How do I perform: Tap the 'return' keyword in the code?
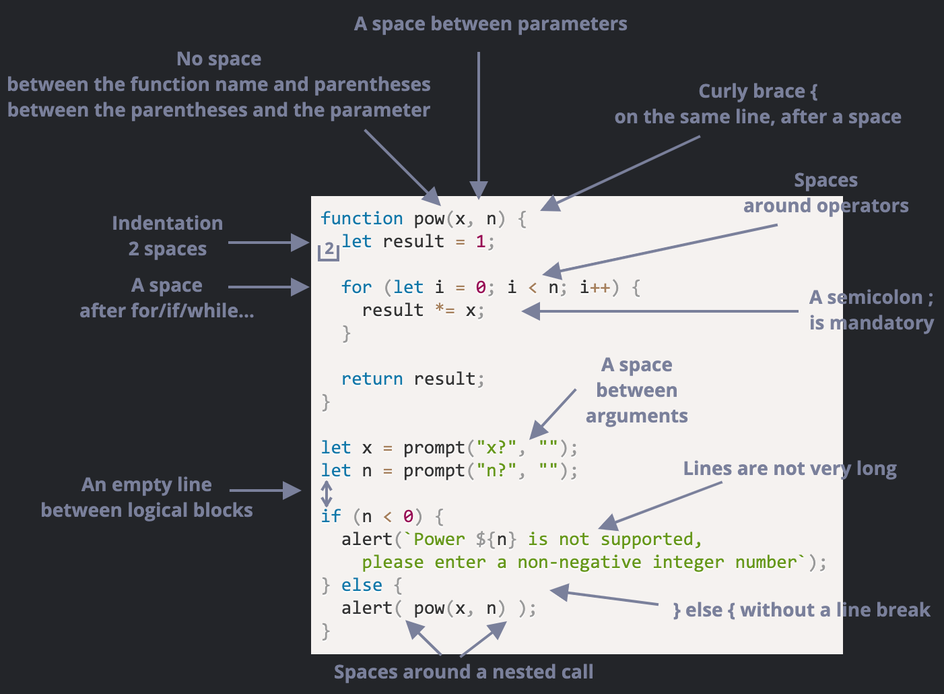click(x=372, y=379)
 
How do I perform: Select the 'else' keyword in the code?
click(x=362, y=585)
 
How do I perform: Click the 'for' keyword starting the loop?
click(x=356, y=287)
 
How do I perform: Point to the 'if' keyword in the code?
click(x=331, y=516)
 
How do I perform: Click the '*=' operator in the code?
click(x=444, y=310)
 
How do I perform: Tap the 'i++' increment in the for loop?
click(x=595, y=287)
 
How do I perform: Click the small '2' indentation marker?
click(x=329, y=249)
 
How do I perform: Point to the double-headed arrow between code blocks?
click(x=327, y=493)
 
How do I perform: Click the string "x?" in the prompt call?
click(x=496, y=447)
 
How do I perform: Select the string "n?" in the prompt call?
click(x=496, y=470)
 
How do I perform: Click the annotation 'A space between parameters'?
click(x=490, y=24)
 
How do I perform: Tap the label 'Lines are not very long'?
click(x=789, y=469)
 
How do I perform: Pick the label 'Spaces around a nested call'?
click(x=463, y=672)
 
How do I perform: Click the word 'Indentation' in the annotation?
click(x=167, y=223)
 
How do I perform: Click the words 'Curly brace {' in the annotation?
click(x=757, y=91)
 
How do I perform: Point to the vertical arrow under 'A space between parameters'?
click(x=479, y=125)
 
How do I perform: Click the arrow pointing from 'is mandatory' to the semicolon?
click(x=660, y=311)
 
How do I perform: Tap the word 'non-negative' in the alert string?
click(x=579, y=562)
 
